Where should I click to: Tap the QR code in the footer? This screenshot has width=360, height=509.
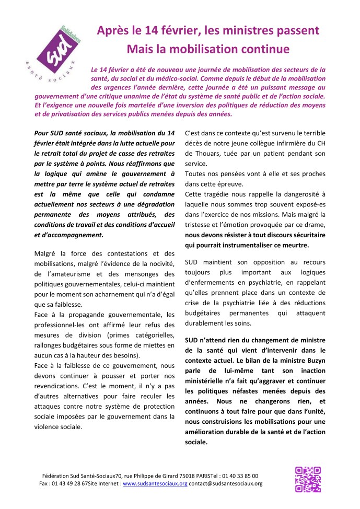[x=308, y=479]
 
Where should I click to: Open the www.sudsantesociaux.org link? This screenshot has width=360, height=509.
[x=155, y=484]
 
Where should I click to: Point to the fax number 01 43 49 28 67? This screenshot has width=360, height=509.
[x=73, y=484]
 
